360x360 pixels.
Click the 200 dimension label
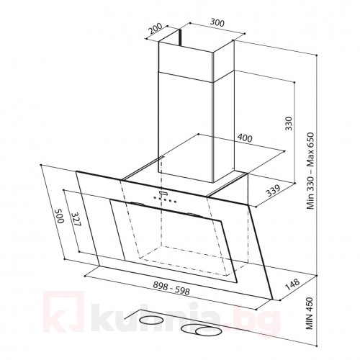pos(156,29)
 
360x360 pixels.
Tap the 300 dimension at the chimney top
pos(217,22)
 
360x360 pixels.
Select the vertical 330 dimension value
pos(289,123)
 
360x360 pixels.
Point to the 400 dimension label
pos(245,138)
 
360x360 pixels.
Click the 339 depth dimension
pos(273,191)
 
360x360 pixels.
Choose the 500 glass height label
pos(59,216)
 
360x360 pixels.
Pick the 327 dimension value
pos(76,219)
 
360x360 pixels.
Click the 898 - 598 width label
pos(171,288)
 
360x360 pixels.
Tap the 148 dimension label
pos(292,284)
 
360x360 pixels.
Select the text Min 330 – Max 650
pos(311,171)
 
